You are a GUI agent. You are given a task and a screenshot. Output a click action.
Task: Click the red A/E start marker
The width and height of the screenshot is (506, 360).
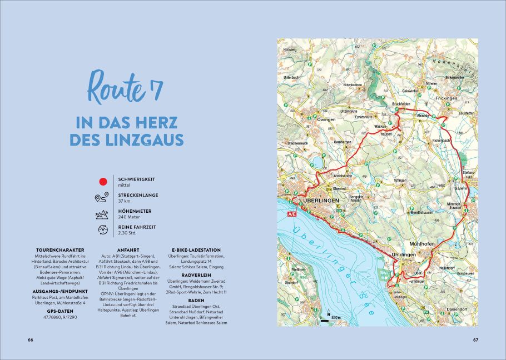pyautogui.click(x=291, y=213)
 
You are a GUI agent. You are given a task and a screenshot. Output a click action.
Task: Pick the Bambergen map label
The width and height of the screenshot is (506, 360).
pyautogui.click(x=341, y=142)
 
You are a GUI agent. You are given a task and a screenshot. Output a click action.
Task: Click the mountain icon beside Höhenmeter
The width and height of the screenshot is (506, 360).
pyautogui.click(x=102, y=214)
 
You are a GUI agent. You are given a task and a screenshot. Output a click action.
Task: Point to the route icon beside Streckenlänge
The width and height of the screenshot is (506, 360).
pyautogui.click(x=102, y=198)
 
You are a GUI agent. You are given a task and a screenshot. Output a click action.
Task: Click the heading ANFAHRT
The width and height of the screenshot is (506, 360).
pyautogui.click(x=129, y=250)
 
